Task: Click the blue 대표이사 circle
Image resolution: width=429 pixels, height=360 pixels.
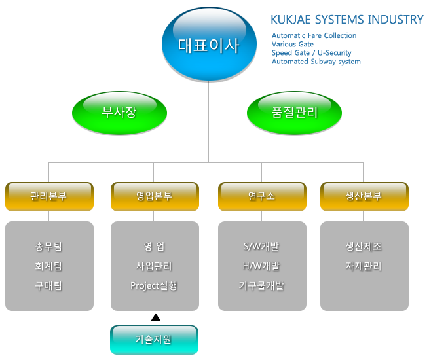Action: [x=209, y=44]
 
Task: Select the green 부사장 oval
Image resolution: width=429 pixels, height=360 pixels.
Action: [x=119, y=113]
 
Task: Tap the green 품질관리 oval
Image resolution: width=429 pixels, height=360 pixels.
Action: [x=294, y=113]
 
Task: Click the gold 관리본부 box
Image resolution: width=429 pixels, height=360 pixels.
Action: [x=49, y=196]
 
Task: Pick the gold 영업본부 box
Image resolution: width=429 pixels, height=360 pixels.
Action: [x=155, y=196]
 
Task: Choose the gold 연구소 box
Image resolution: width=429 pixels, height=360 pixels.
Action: [x=262, y=196]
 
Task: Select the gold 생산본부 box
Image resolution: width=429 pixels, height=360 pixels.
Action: [x=364, y=196]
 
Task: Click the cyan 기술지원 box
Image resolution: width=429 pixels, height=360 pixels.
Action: [x=154, y=340]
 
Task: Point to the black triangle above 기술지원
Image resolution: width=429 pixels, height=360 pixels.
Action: [x=156, y=317]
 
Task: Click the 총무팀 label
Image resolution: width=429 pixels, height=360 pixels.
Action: [x=48, y=247]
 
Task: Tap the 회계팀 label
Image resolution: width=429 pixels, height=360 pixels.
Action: [x=48, y=266]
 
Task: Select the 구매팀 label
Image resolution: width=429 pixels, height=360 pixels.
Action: [x=48, y=286]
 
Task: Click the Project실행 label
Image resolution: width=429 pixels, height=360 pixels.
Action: [x=154, y=286]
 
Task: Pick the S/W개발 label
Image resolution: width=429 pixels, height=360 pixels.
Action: [x=261, y=247]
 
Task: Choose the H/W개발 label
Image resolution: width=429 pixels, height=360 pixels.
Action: [x=261, y=266]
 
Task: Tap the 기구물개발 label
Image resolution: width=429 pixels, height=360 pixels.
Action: [x=261, y=286]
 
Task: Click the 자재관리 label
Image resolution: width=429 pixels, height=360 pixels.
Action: [x=364, y=266]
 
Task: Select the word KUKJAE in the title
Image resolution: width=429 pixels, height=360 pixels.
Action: [x=291, y=20]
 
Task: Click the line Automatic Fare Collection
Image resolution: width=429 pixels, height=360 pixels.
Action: [x=314, y=35]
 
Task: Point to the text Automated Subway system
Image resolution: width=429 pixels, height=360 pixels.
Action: [x=316, y=62]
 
